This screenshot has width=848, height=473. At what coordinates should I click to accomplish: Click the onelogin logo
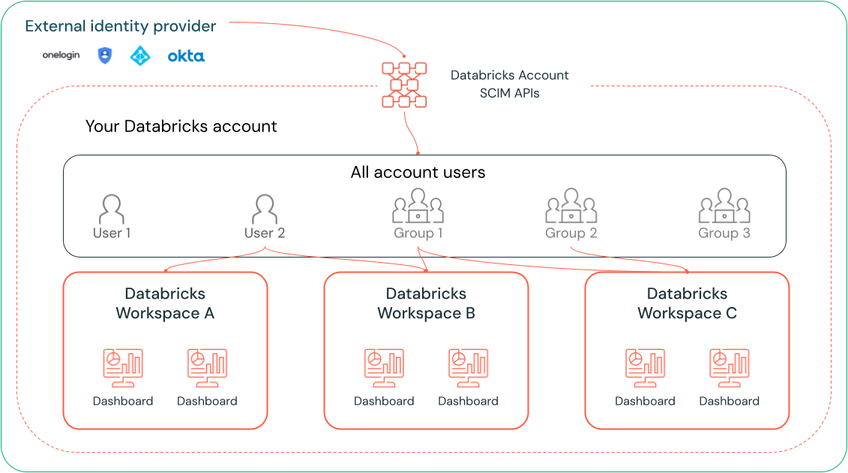point(61,56)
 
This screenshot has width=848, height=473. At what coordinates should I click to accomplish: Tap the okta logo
point(186,56)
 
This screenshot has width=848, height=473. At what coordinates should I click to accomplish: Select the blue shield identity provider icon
point(105,56)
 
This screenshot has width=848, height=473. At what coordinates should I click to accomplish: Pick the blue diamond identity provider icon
point(140,56)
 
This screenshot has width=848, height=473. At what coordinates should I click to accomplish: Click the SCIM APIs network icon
point(404,84)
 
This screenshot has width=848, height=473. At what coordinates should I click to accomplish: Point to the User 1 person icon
point(112,209)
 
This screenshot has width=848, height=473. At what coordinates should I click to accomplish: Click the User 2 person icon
point(265,209)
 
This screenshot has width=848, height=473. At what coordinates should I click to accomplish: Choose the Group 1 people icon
point(418,206)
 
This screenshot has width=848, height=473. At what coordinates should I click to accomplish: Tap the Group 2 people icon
point(571,206)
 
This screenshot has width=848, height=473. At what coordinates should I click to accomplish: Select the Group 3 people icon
point(724,206)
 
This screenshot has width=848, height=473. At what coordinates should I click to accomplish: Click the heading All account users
point(418,173)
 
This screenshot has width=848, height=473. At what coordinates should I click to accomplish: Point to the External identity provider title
point(121,26)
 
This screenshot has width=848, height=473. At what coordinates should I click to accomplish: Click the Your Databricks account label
point(181,126)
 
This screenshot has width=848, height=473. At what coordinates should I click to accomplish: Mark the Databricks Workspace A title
point(165,303)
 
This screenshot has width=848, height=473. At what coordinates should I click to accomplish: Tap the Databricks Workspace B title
point(426,303)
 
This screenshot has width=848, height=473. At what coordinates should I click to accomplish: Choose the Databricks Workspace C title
point(687,303)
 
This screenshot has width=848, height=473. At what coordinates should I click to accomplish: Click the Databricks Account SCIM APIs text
point(510,84)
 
